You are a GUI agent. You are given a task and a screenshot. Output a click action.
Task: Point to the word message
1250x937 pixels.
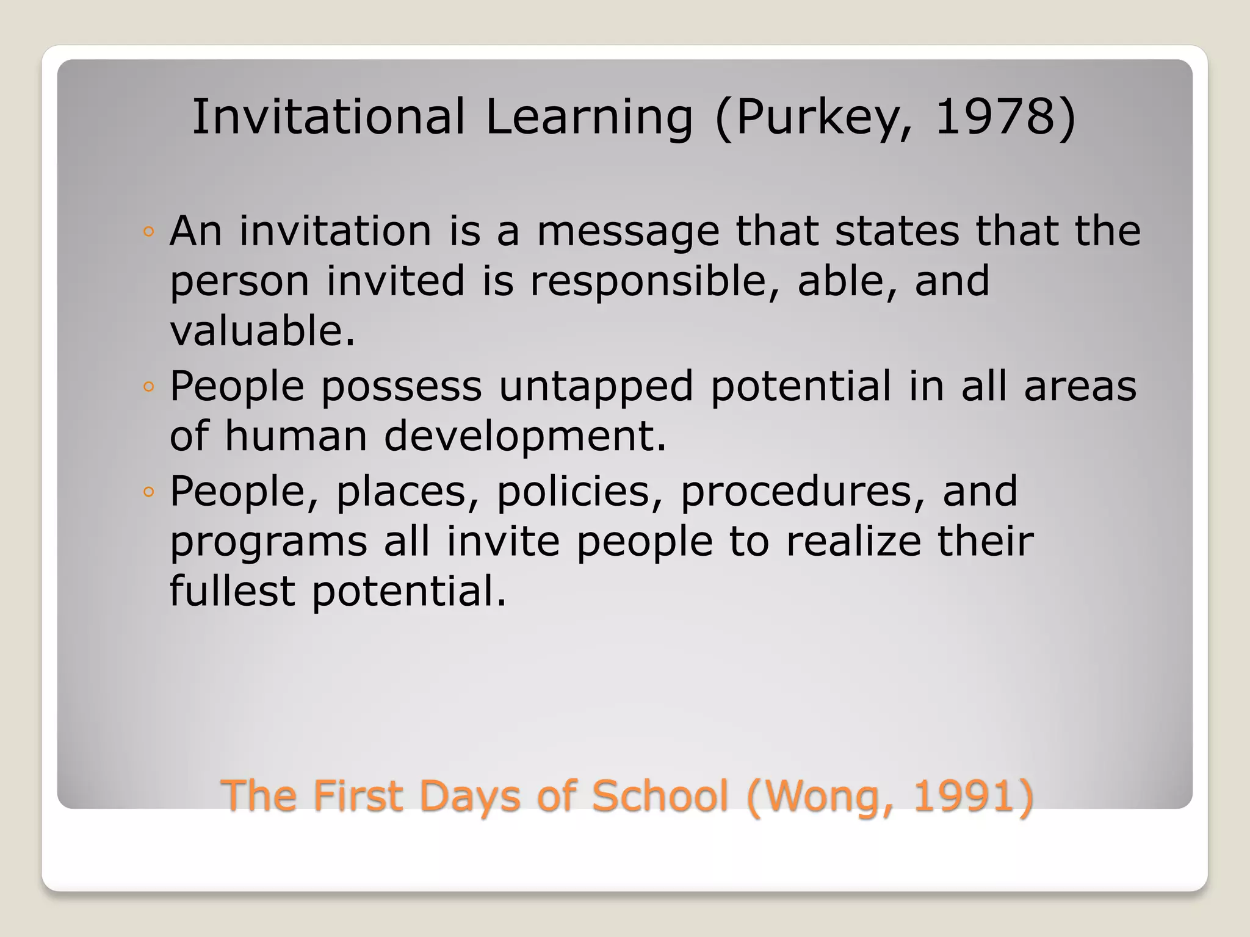click(x=628, y=232)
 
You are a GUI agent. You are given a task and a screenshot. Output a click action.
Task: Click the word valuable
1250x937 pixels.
click(x=261, y=331)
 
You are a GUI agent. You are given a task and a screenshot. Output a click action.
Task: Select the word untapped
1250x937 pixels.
click(x=596, y=387)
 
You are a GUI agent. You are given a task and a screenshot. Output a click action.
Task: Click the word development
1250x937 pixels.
click(x=525, y=436)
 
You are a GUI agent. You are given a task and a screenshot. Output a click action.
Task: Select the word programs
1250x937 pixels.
click(x=269, y=542)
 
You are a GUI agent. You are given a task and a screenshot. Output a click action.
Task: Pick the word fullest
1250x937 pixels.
click(x=232, y=591)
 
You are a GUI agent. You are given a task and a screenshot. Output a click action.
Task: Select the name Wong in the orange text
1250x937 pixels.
click(x=820, y=796)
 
